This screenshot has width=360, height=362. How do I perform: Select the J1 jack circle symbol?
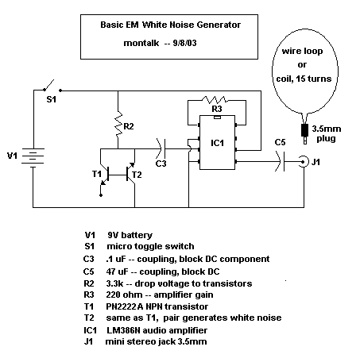point(304,162)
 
